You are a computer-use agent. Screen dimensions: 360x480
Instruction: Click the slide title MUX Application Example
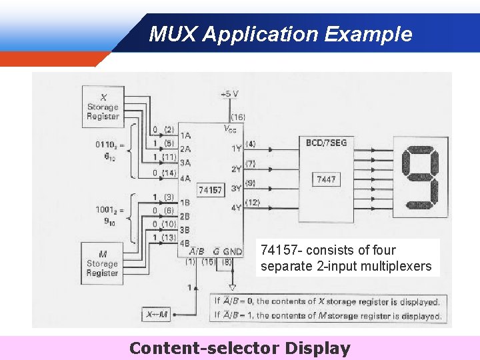click(280, 33)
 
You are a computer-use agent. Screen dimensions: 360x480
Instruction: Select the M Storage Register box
click(102, 263)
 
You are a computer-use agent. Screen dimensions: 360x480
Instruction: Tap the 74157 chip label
click(210, 190)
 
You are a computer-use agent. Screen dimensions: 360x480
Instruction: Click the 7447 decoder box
click(326, 179)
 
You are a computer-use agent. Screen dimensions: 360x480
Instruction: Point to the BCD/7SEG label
click(326, 143)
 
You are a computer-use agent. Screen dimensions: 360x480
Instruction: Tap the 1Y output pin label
click(236, 148)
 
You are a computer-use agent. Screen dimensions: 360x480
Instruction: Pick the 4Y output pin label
click(236, 207)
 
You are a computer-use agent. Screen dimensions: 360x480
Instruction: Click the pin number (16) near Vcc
click(237, 117)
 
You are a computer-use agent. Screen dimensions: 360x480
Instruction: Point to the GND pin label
click(233, 251)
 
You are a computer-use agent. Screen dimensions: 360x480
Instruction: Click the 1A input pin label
click(185, 135)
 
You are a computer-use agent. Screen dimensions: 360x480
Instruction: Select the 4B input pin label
click(185, 243)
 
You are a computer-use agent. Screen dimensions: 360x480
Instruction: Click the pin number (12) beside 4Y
click(253, 203)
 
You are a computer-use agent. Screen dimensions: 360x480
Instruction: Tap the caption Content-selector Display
click(239, 348)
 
